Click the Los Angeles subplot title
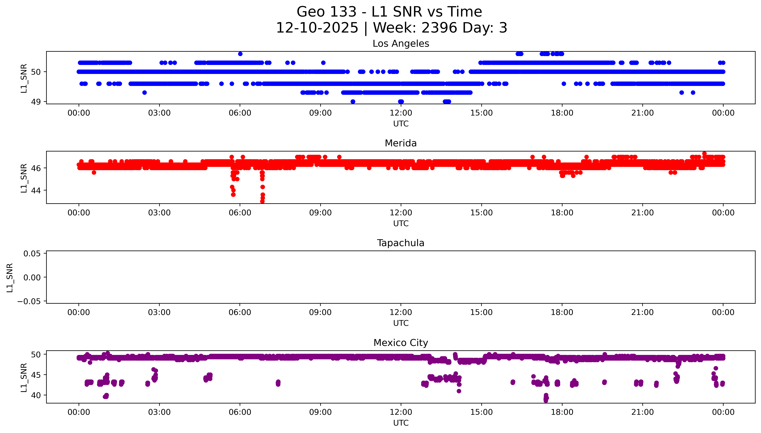pyautogui.click(x=401, y=44)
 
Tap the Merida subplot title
pyautogui.click(x=401, y=143)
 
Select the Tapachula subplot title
pyautogui.click(x=401, y=243)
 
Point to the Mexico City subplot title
pyautogui.click(x=401, y=343)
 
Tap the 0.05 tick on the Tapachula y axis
pyautogui.click(x=32, y=254)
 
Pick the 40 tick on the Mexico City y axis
pyautogui.click(x=36, y=395)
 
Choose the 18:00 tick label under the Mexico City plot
pyautogui.click(x=562, y=412)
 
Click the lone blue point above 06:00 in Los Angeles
pyautogui.click(x=240, y=54)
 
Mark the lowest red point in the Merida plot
pyautogui.click(x=262, y=201)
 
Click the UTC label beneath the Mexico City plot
pyautogui.click(x=401, y=423)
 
